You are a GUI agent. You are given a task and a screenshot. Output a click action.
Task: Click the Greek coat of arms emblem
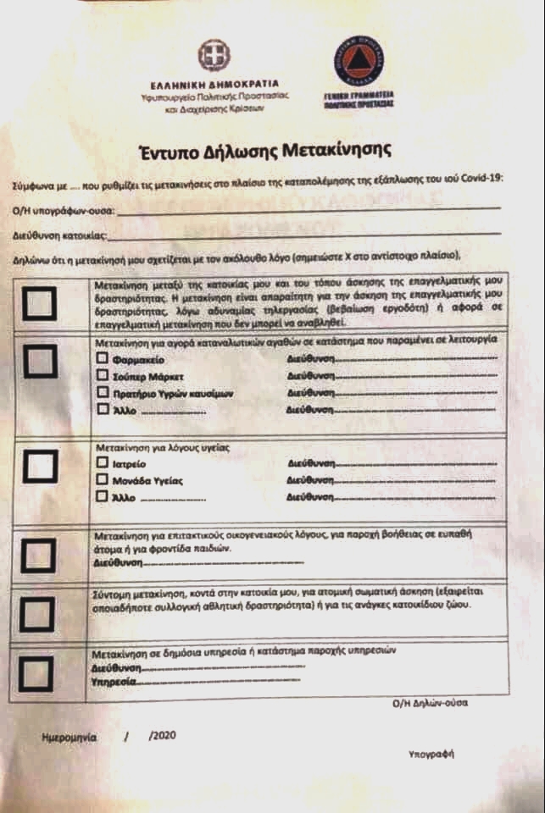pyautogui.click(x=214, y=58)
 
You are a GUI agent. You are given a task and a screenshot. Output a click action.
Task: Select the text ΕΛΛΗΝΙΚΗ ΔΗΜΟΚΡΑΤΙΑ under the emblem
pyautogui.click(x=214, y=86)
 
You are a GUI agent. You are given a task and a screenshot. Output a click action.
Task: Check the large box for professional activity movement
pyautogui.click(x=40, y=302)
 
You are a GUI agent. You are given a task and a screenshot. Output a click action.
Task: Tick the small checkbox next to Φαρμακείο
pyautogui.click(x=103, y=358)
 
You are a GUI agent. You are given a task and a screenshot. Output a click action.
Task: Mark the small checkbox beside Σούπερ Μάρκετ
pyautogui.click(x=103, y=375)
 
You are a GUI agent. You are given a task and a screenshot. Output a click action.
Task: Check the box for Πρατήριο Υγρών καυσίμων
pyautogui.click(x=103, y=393)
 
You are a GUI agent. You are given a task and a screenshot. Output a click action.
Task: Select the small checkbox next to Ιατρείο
pyautogui.click(x=103, y=463)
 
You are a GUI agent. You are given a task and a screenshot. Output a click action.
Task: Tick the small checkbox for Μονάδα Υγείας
pyautogui.click(x=103, y=480)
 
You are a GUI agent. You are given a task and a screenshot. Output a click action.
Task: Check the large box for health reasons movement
pyautogui.click(x=40, y=465)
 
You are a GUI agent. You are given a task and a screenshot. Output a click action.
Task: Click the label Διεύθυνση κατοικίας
pyautogui.click(x=59, y=232)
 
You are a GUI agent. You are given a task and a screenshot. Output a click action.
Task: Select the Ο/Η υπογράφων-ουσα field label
pyautogui.click(x=63, y=209)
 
